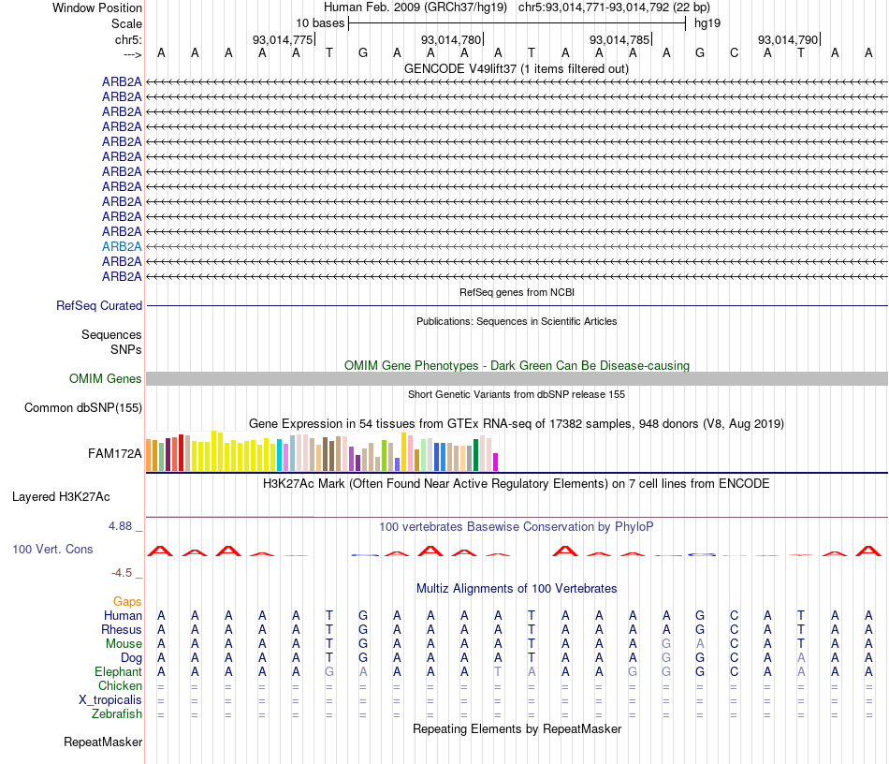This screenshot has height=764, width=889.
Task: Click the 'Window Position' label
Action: click(x=97, y=7)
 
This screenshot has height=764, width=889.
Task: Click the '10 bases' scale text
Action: click(x=320, y=22)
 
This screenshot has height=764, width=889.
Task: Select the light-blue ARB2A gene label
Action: click(x=122, y=246)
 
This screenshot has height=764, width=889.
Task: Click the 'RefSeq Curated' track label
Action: click(x=99, y=305)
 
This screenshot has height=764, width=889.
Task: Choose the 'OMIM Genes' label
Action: click(x=106, y=379)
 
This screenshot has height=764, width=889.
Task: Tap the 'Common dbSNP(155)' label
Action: click(x=83, y=407)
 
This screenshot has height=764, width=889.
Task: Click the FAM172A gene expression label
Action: click(x=115, y=454)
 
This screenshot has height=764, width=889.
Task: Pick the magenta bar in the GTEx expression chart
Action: click(x=496, y=462)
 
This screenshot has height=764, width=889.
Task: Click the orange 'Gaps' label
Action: click(x=127, y=601)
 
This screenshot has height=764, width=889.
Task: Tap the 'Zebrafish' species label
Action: click(x=117, y=714)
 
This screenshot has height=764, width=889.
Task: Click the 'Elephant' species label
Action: click(x=118, y=671)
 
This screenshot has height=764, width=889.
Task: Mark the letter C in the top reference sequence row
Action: click(x=735, y=52)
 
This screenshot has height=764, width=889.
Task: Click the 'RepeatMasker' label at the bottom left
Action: click(x=103, y=742)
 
